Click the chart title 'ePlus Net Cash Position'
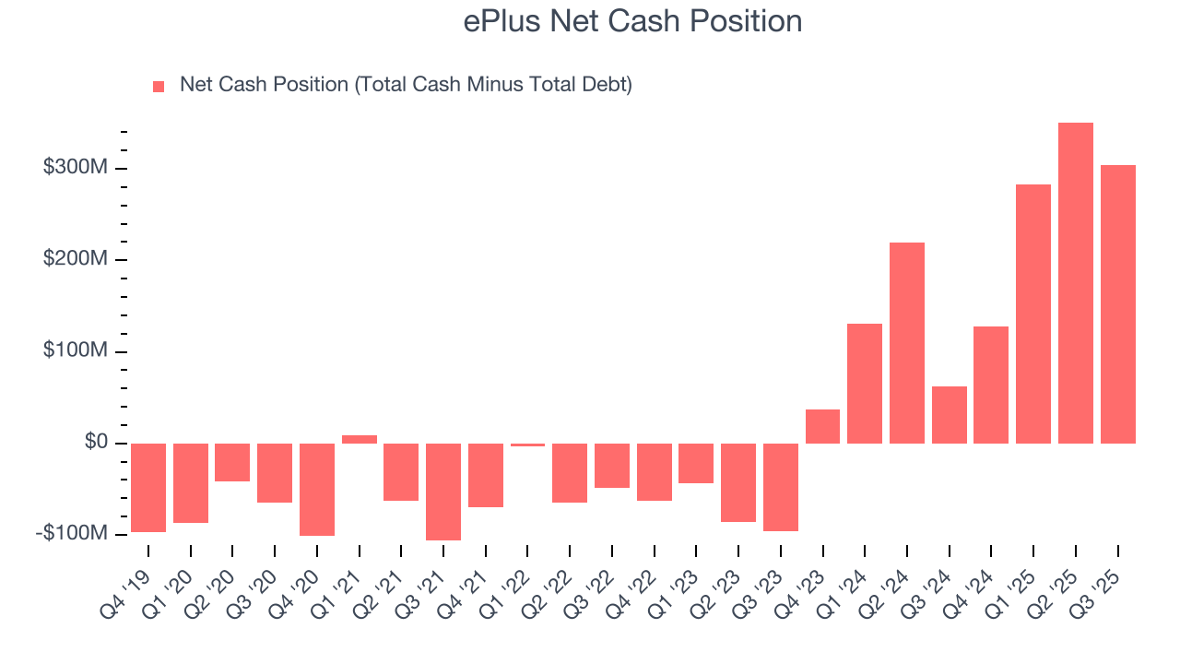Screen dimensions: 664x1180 pos(632,21)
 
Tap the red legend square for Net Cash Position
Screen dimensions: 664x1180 pos(159,86)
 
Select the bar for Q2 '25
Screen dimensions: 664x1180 pos(1076,283)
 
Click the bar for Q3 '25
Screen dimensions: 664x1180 pos(1117,304)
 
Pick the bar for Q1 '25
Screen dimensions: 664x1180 pos(1033,314)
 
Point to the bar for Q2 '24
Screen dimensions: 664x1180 pos(907,343)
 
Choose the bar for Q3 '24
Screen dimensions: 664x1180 pos(950,415)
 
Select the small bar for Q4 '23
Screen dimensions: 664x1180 pos(822,426)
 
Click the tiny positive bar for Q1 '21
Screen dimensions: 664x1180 pos(360,439)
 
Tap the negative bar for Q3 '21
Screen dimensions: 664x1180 pos(443,492)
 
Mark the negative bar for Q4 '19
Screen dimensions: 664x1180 pos(148,488)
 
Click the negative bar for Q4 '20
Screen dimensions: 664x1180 pos(317,490)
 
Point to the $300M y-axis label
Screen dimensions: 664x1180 pos(76,168)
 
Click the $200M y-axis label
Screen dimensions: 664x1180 pos(76,259)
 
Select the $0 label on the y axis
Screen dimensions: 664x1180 pos(96,443)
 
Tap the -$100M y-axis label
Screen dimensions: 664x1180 pos(72,534)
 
